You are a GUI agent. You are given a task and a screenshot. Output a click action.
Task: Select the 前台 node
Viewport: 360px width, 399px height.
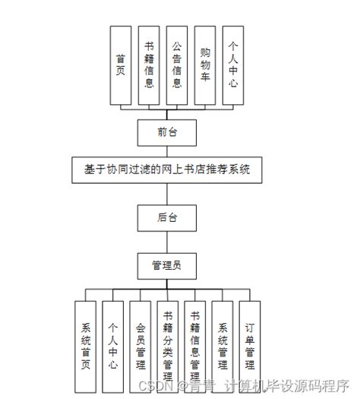[166, 132]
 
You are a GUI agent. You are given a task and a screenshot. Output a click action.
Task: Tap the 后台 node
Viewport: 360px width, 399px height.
[166, 218]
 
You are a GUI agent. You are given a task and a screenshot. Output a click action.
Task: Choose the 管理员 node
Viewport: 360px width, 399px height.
[166, 264]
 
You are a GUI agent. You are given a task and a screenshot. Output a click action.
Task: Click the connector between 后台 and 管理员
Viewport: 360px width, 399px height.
[166, 242]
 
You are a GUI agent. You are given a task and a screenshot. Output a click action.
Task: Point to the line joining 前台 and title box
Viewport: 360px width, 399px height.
[166, 151]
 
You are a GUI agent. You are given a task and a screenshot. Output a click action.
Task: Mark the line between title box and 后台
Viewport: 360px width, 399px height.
[166, 195]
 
